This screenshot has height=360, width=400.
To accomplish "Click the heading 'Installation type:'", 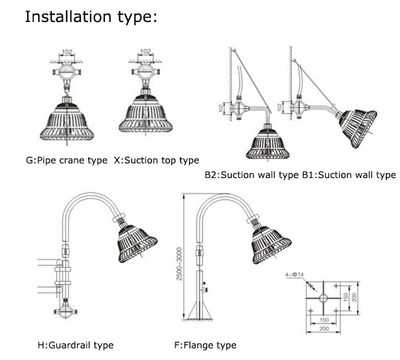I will point(91,17).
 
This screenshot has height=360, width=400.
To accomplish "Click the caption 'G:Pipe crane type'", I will point(67,160).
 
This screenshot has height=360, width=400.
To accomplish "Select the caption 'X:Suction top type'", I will point(156,160).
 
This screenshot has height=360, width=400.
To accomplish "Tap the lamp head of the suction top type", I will point(146,120).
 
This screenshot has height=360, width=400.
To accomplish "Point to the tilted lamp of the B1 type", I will point(357,126).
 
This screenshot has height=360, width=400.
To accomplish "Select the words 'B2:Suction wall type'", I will point(251,175).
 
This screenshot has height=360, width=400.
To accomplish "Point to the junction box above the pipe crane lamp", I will point(68,70).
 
